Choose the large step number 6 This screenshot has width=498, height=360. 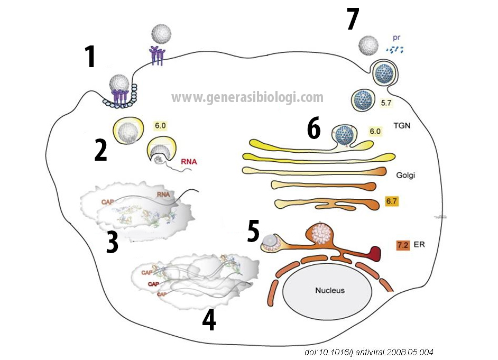coord(314,130)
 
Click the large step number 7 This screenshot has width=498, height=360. coord(353,20)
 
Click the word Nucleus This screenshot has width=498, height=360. coord(329,290)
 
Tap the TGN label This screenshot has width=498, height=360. coord(403,127)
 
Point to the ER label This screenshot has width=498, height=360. coord(421,245)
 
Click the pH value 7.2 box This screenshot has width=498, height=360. coord(403,245)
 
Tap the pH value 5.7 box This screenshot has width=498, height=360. coord(386,103)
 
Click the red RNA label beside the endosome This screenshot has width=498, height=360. coord(189,162)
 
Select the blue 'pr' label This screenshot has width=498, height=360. coord(396,39)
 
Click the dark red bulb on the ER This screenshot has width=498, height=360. coord(377,253)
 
